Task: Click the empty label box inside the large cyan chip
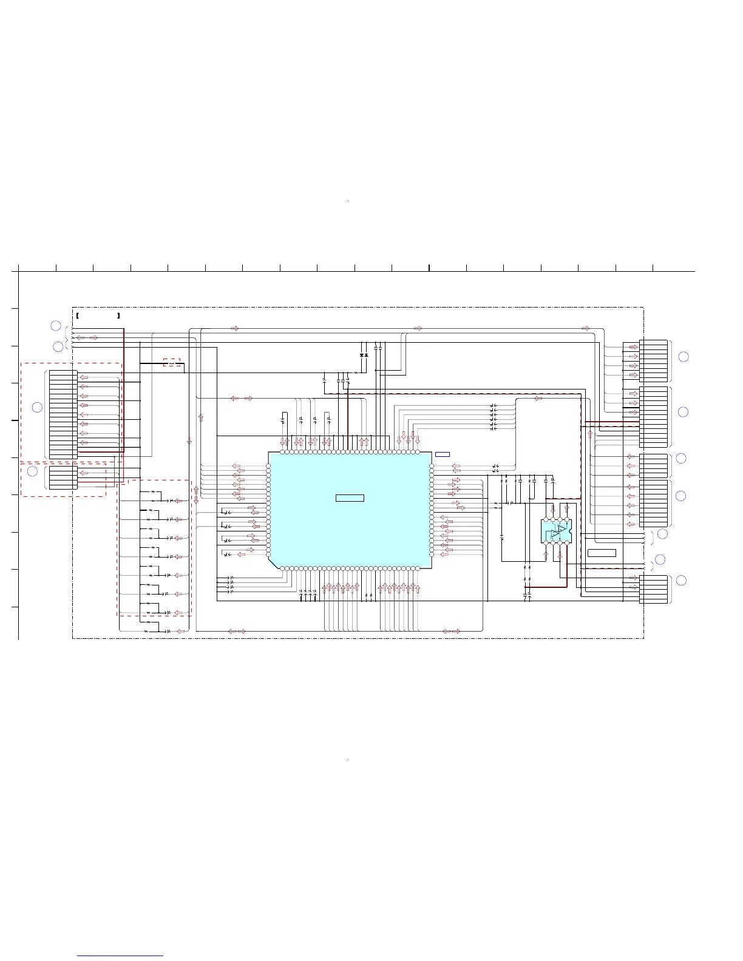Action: point(350,498)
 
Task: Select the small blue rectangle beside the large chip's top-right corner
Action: point(442,454)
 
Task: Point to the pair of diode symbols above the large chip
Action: point(364,355)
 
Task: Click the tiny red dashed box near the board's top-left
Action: point(172,363)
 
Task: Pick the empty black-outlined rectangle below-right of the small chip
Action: point(602,553)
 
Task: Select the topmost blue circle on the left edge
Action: point(55,325)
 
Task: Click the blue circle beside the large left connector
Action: point(37,407)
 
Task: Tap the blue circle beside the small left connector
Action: point(32,471)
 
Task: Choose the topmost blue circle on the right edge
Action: point(683,356)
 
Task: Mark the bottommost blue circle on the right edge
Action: point(681,580)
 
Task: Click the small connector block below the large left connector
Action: point(63,476)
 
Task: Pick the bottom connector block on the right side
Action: point(653,589)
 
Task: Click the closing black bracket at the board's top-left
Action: point(118,316)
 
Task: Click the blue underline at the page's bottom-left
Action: point(120,956)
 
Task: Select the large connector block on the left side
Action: point(63,414)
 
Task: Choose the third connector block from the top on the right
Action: point(653,465)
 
